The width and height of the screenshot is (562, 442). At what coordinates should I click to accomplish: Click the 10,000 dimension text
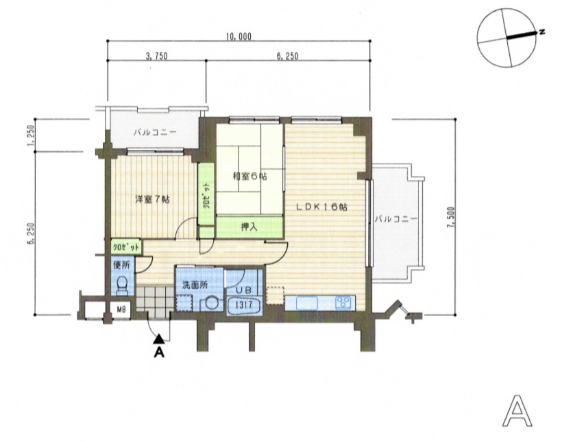tap(239, 36)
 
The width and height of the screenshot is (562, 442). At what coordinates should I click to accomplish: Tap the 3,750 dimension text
tap(157, 56)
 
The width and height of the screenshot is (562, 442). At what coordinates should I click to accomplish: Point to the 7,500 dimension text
tap(451, 217)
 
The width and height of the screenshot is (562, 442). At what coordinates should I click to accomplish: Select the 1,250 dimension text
tap(31, 135)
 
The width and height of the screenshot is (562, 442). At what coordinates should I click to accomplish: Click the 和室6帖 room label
tap(250, 176)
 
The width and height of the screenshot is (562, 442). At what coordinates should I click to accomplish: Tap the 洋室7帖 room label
tap(152, 199)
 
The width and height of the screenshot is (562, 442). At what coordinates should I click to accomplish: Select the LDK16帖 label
tap(321, 207)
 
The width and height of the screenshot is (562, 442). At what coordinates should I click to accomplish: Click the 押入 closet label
tap(249, 226)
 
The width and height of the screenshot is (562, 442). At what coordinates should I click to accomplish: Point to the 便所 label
tap(121, 265)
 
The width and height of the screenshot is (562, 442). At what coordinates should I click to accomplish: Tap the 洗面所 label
tap(195, 285)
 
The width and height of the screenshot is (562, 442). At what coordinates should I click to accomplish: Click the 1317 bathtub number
tap(244, 305)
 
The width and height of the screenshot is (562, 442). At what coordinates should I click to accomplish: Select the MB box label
tap(121, 309)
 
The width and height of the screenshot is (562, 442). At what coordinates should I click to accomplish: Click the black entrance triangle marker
tap(159, 339)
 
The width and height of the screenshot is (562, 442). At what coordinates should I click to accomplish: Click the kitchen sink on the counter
tap(306, 303)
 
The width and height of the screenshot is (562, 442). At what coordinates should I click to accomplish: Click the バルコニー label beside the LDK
tap(395, 219)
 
